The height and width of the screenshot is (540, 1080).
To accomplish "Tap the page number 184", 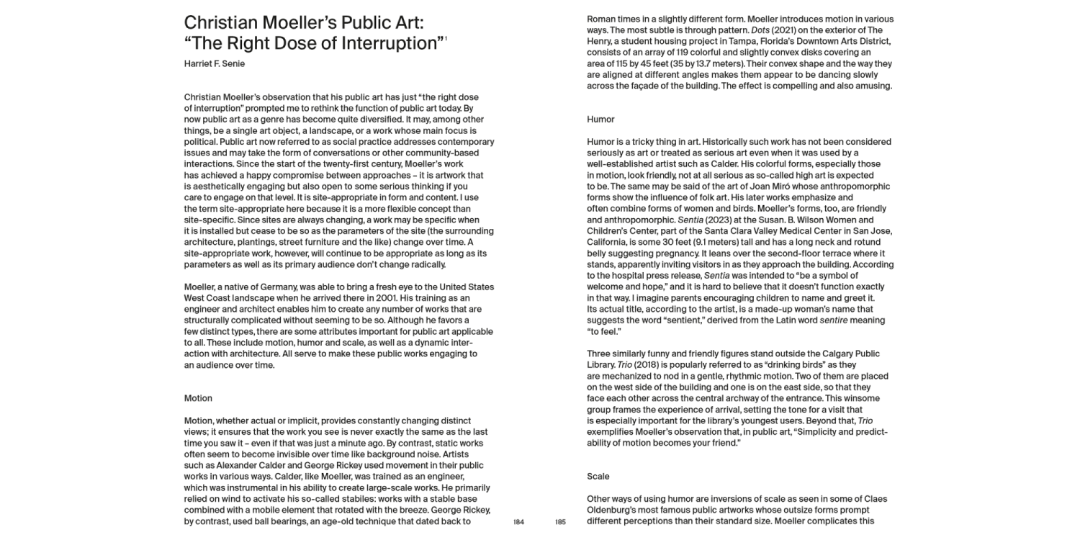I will pyautogui.click(x=518, y=522).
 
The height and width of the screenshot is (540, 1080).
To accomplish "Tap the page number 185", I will pyautogui.click(x=561, y=522).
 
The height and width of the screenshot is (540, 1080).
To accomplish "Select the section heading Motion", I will pyautogui.click(x=198, y=398).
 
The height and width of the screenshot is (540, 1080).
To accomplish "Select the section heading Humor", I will pyautogui.click(x=600, y=120).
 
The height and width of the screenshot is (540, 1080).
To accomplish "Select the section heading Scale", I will pyautogui.click(x=598, y=477).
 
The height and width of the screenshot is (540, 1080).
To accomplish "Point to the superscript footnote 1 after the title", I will pyautogui.click(x=446, y=39).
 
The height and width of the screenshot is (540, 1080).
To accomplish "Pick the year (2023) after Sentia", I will pyautogui.click(x=721, y=220).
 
